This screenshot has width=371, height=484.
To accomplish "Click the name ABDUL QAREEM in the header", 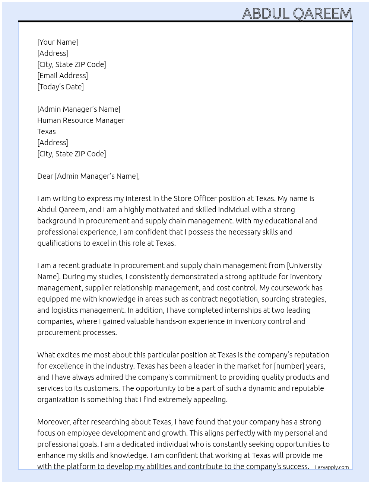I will pos(297,14).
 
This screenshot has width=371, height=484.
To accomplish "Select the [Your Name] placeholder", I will pos(58,42).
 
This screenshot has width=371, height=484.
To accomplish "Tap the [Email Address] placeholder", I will pos(63,76).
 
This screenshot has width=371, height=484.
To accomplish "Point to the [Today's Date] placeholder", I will pos(60,87).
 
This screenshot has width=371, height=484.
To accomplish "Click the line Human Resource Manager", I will pos(81,120).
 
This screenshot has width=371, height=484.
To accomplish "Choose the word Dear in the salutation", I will pos(45,176).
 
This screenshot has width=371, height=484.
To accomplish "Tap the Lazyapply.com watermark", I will pos(332,467).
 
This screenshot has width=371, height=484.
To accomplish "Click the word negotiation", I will pos(239,299).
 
